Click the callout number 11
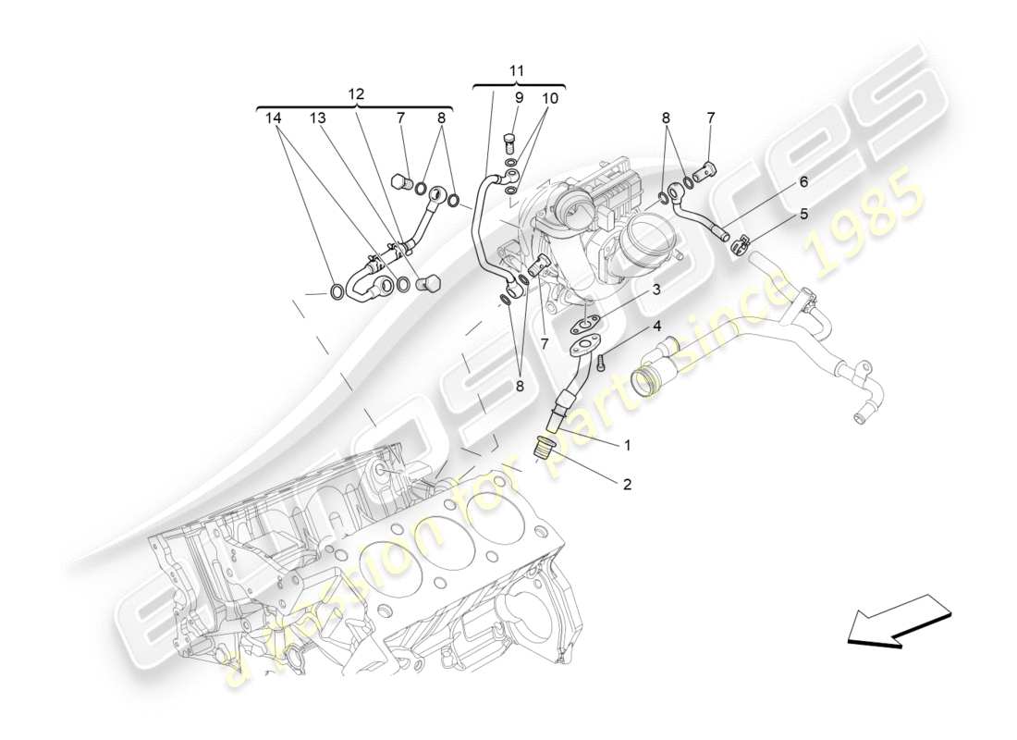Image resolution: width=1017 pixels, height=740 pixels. pyautogui.click(x=517, y=70)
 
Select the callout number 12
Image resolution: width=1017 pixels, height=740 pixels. pyautogui.click(x=356, y=93)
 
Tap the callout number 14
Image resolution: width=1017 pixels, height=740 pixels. pyautogui.click(x=272, y=118)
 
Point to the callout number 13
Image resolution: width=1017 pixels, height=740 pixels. pyautogui.click(x=318, y=118)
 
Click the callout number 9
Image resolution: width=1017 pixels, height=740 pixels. pyautogui.click(x=518, y=97)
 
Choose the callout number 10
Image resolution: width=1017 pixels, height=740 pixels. pyautogui.click(x=550, y=97)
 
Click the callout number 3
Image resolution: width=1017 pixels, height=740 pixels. pyautogui.click(x=655, y=290)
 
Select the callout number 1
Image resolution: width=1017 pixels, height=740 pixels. pyautogui.click(x=627, y=446)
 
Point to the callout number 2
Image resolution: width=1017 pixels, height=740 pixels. pyautogui.click(x=627, y=484)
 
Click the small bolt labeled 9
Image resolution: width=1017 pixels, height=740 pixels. pyautogui.click(x=508, y=141)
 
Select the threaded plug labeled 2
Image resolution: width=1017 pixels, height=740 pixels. pyautogui.click(x=544, y=450)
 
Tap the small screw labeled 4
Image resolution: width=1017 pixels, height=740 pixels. pyautogui.click(x=600, y=364)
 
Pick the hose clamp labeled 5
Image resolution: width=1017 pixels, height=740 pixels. pyautogui.click(x=739, y=246)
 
